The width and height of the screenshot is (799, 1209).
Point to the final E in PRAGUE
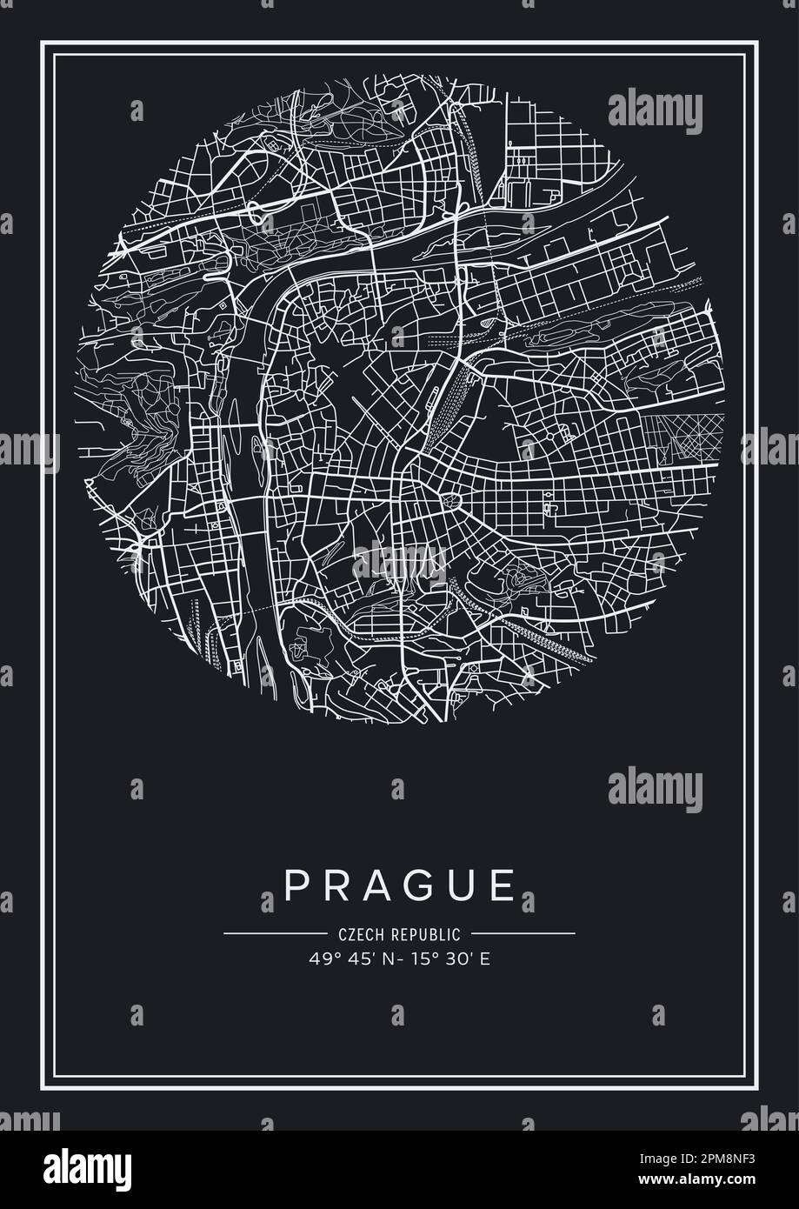[x=503, y=885]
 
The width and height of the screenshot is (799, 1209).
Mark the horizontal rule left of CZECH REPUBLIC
[x=275, y=934]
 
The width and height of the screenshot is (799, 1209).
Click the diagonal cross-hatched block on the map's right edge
[x=683, y=440]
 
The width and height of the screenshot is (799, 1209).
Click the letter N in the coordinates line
[x=376, y=960]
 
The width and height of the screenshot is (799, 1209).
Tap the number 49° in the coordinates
[x=319, y=960]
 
